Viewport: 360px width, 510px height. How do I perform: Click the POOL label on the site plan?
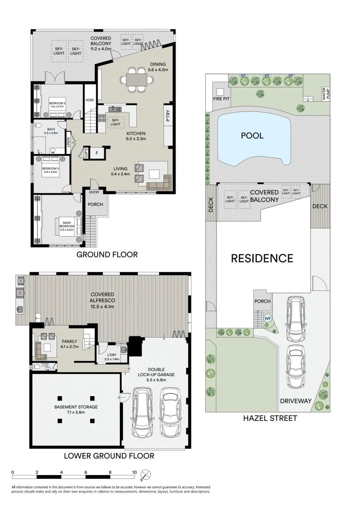252,136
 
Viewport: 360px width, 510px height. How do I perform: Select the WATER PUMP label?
324,93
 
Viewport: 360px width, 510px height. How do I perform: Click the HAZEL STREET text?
269,418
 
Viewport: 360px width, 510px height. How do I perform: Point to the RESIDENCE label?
261,258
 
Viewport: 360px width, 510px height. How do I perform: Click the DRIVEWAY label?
296,401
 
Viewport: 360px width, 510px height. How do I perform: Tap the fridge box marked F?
96,153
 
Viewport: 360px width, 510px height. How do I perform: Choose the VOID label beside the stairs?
90,100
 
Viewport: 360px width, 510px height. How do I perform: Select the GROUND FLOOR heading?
108,255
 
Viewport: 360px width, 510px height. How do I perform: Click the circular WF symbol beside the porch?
268,318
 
